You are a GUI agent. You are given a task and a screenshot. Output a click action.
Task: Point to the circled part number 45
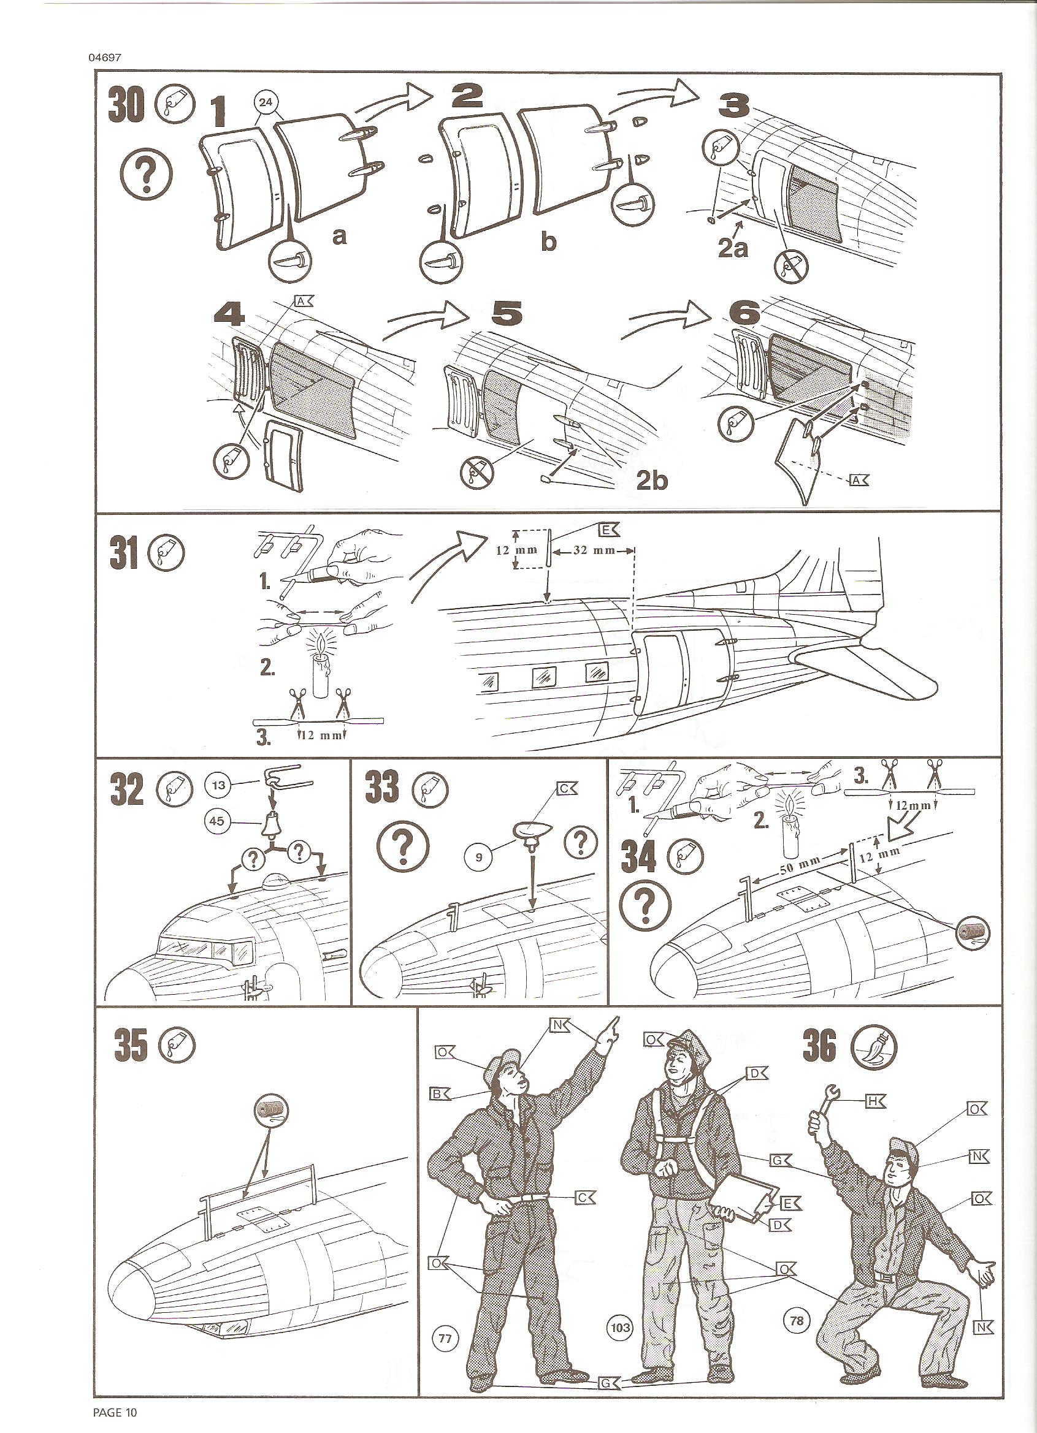pyautogui.click(x=217, y=821)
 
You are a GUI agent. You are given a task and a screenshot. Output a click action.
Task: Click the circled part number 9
pyautogui.click(x=479, y=857)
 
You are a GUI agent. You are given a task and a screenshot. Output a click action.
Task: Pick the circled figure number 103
pyautogui.click(x=619, y=1327)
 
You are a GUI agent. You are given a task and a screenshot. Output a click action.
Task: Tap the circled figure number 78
pyautogui.click(x=797, y=1321)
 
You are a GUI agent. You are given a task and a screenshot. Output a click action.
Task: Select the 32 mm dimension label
pyautogui.click(x=594, y=550)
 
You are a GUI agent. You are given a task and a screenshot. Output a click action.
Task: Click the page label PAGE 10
pyautogui.click(x=115, y=1412)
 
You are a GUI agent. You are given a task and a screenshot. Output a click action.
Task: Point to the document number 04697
pyautogui.click(x=105, y=58)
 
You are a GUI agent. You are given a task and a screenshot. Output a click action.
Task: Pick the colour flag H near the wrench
pyautogui.click(x=874, y=1101)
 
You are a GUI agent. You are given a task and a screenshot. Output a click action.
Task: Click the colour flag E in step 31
pyautogui.click(x=608, y=530)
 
